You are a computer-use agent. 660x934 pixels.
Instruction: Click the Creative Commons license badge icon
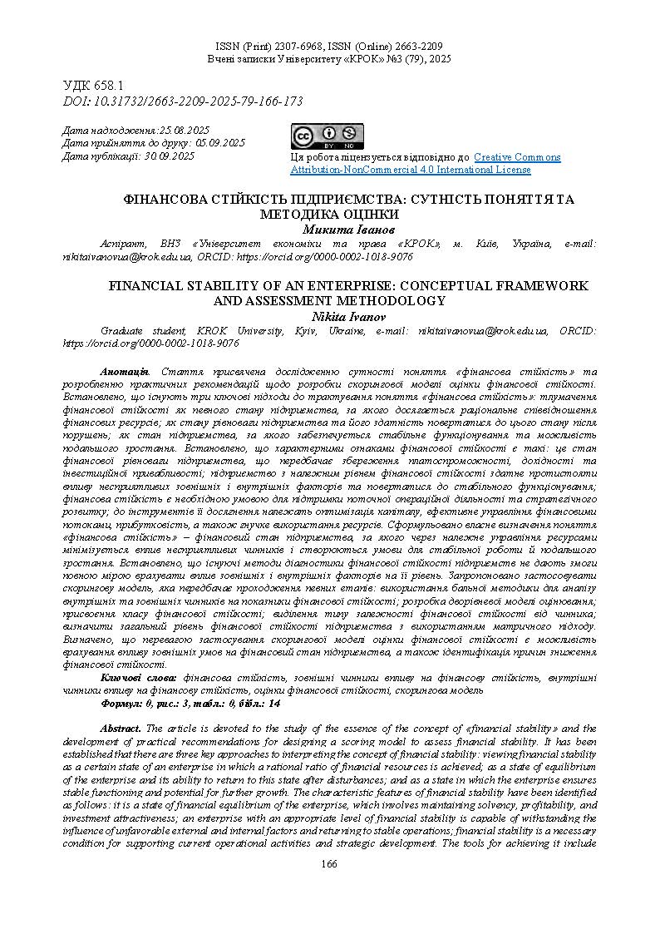tap(328, 137)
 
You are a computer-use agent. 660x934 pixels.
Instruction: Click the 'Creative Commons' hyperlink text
tap(517, 157)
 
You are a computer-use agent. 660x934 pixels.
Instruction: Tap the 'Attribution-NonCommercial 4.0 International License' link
tap(411, 170)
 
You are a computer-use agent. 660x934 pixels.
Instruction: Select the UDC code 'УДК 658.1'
tap(94, 86)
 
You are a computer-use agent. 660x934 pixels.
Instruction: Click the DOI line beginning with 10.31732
tap(183, 101)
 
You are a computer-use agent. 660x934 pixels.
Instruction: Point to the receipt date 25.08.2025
tap(184, 131)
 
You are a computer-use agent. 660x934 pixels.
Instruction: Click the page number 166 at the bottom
tap(330, 865)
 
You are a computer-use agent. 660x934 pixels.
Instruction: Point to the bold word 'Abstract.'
tap(121, 729)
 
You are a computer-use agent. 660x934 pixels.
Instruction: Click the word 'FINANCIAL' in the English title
tap(148, 286)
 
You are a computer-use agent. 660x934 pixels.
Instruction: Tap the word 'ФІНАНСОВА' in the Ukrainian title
tap(160, 200)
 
